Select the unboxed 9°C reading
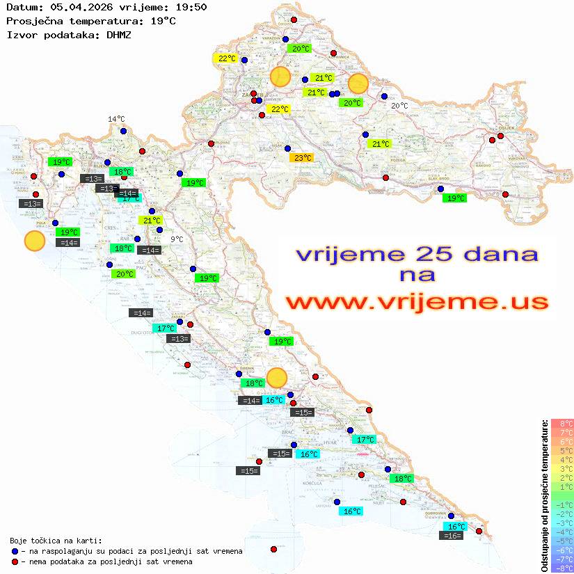click(177, 239)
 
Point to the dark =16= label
click(452, 536)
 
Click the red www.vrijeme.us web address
click(416, 302)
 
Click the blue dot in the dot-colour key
click(15, 551)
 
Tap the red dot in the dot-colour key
click(15, 561)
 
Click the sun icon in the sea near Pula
click(34, 241)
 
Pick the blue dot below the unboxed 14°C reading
click(123, 131)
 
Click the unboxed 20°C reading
click(399, 106)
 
